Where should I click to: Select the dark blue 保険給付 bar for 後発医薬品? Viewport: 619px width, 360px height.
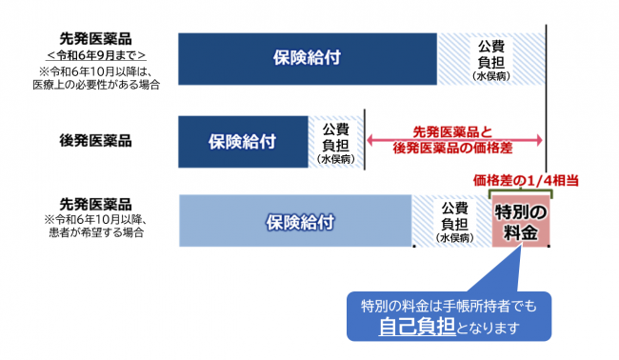coord(242,141)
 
